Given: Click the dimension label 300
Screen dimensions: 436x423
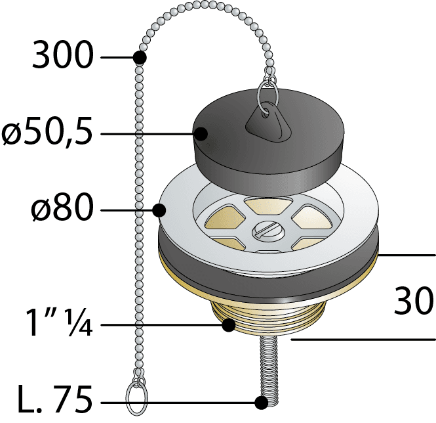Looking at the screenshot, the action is (x=62, y=55).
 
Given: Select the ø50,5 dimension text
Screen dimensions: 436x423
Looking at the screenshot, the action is (x=47, y=133).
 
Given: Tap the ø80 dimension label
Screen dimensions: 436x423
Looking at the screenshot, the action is (x=62, y=208).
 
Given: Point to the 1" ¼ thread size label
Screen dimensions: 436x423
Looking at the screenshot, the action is (x=58, y=323).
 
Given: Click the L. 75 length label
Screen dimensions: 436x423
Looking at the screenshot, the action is (x=55, y=399).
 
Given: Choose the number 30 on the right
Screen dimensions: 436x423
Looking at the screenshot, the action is (x=414, y=301).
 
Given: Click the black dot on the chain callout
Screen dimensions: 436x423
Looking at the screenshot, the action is (x=140, y=58).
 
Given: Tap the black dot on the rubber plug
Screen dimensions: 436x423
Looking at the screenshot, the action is (x=201, y=134).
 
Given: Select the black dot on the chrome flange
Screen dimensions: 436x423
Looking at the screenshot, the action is (x=159, y=210).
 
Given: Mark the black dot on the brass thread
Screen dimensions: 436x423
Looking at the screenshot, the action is (x=229, y=325).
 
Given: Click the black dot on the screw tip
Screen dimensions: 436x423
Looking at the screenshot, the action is (x=262, y=403).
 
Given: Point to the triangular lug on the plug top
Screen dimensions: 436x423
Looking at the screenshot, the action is (x=268, y=118).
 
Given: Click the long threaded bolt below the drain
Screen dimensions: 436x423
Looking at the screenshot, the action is (x=269, y=370).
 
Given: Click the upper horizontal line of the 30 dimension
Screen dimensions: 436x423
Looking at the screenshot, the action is (x=406, y=255).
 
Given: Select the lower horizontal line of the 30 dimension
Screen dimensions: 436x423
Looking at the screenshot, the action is (x=363, y=340).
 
